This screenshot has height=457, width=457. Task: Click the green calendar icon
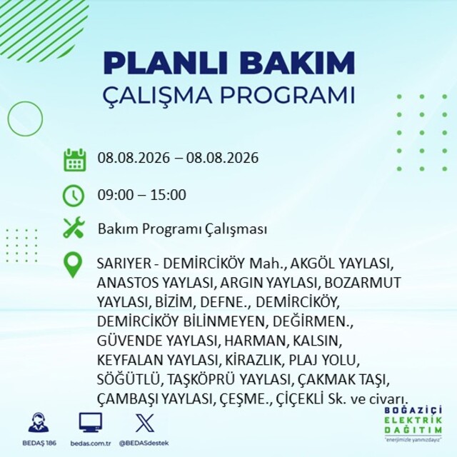point(74,160)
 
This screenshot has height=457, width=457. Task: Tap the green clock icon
point(74,195)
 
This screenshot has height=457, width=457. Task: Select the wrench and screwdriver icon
point(74,228)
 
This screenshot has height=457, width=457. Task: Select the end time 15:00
point(169,195)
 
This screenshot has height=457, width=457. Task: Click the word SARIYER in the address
point(124,263)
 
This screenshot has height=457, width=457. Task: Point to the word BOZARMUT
point(363,283)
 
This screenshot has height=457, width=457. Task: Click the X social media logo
point(145,423)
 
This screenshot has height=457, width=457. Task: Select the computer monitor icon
point(91,422)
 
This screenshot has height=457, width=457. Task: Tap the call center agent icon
point(39,422)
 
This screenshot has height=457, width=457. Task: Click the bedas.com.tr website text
point(91,443)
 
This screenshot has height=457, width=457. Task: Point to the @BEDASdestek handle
point(144,443)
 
